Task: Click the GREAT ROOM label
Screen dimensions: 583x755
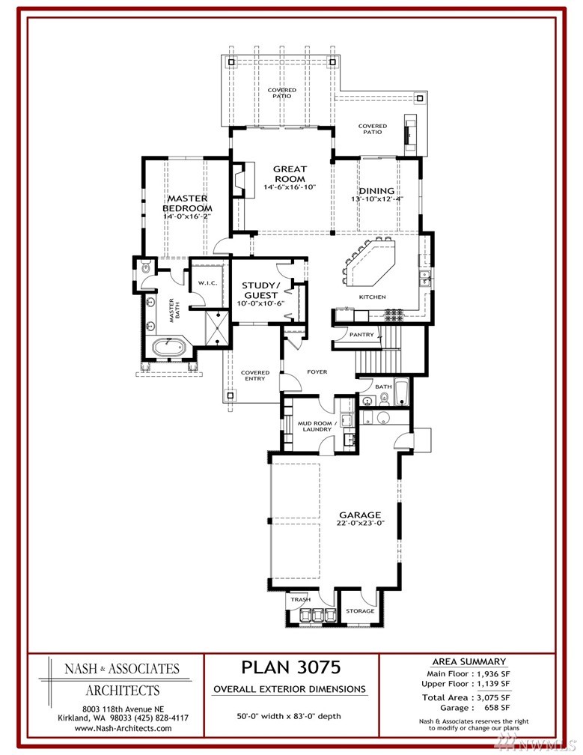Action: pyautogui.click(x=290, y=174)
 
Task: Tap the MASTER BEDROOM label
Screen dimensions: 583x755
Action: pyautogui.click(x=188, y=203)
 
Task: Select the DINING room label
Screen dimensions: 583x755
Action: pyautogui.click(x=376, y=191)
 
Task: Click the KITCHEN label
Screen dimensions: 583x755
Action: pyautogui.click(x=372, y=297)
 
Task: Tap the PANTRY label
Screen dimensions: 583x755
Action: pyautogui.click(x=361, y=334)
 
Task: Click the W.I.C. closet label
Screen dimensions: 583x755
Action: pyautogui.click(x=208, y=283)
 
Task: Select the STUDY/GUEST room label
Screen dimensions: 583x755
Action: pyautogui.click(x=260, y=290)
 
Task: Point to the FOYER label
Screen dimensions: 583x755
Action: pyautogui.click(x=317, y=372)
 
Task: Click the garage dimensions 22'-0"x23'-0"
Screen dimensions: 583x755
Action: pyautogui.click(x=360, y=523)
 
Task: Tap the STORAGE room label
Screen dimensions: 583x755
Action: pyautogui.click(x=360, y=611)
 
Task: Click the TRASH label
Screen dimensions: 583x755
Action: pyautogui.click(x=301, y=599)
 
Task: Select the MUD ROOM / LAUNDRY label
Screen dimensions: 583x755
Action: pyautogui.click(x=317, y=426)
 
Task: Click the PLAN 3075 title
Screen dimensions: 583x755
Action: pyautogui.click(x=291, y=667)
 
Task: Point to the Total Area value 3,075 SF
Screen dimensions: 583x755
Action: pyautogui.click(x=493, y=697)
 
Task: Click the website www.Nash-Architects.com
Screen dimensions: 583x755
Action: pyautogui.click(x=123, y=728)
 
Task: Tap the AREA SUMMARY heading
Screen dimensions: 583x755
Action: pyautogui.click(x=469, y=661)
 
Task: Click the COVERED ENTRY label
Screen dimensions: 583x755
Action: pyautogui.click(x=255, y=375)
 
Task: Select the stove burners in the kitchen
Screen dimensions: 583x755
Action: pyautogui.click(x=394, y=315)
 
